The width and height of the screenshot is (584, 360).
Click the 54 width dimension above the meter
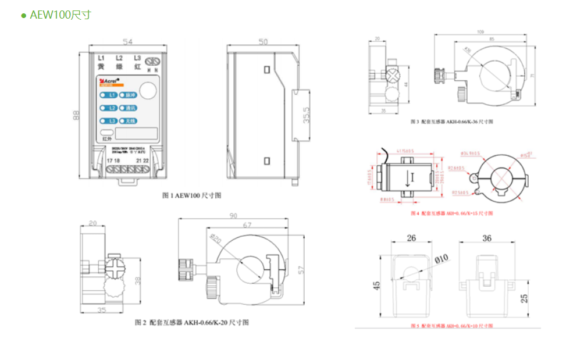(127, 42)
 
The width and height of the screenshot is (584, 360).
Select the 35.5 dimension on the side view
(307, 116)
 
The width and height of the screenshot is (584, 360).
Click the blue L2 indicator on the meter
(109, 108)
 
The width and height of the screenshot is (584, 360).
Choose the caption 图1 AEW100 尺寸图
(191, 196)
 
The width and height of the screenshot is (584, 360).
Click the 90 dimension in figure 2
(233, 216)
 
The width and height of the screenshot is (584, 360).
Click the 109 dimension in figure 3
(480, 32)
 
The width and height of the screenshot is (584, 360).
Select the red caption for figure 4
(451, 213)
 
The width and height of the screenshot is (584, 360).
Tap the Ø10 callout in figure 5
(441, 258)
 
